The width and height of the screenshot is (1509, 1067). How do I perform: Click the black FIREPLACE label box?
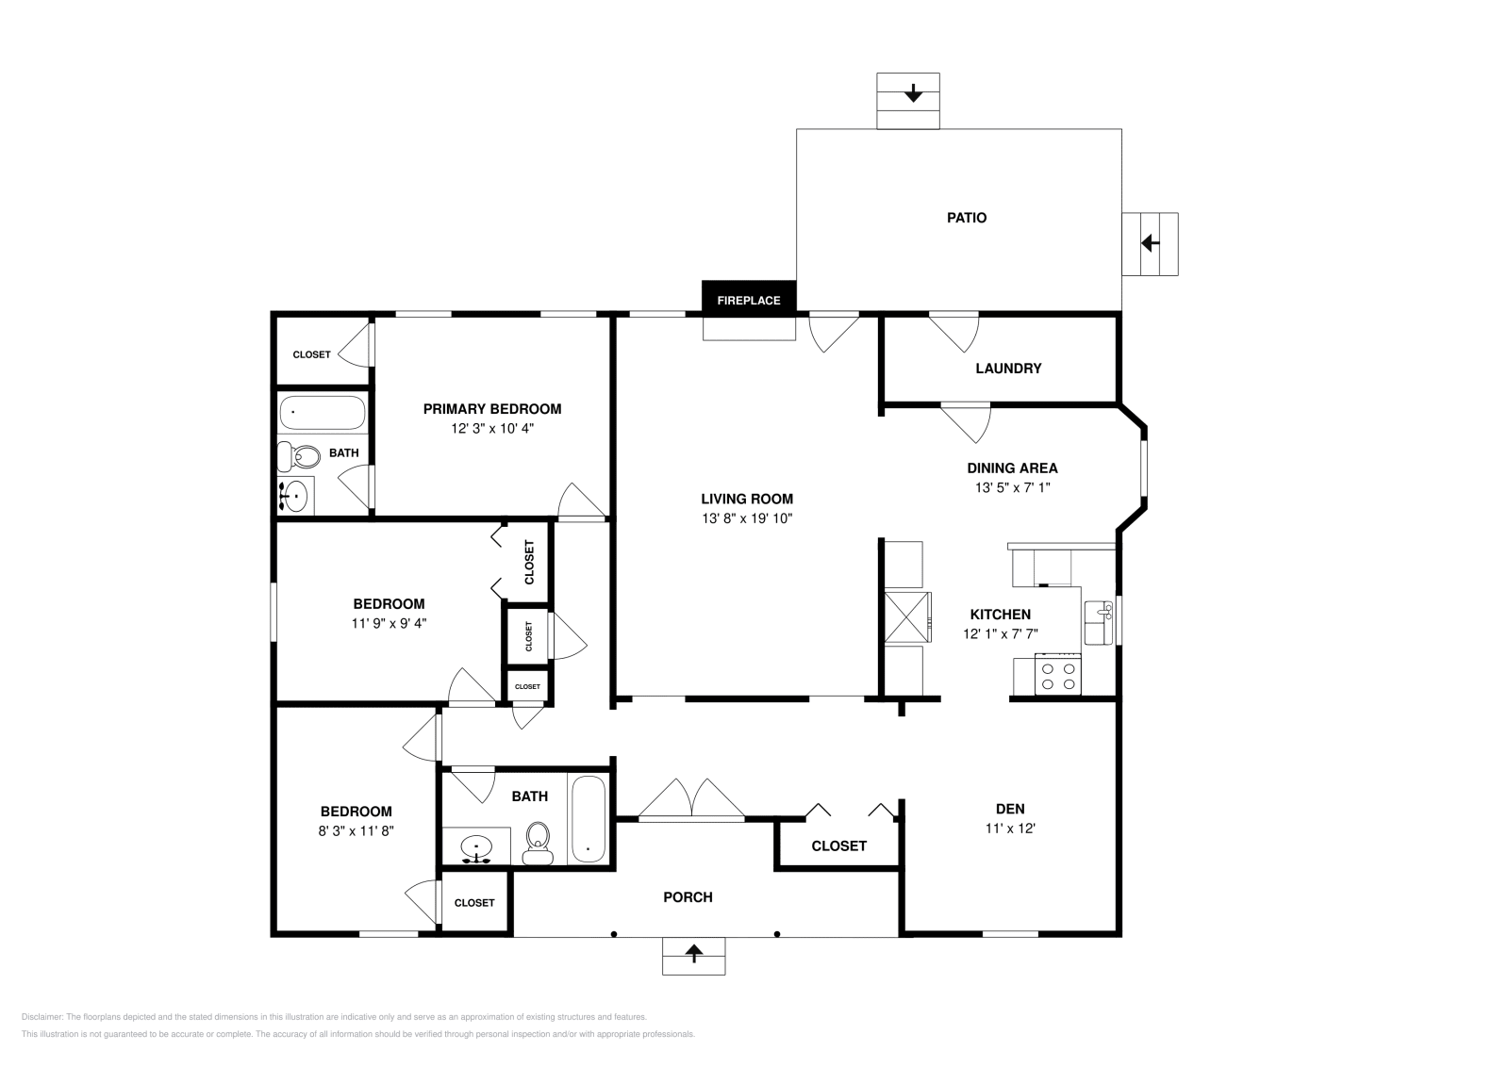tap(749, 297)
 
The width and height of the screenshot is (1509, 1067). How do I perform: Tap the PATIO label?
tap(967, 218)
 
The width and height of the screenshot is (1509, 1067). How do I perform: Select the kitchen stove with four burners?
tap(1057, 675)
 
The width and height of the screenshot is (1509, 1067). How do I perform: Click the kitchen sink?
tap(1098, 623)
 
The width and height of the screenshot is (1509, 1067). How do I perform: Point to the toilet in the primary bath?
tap(299, 456)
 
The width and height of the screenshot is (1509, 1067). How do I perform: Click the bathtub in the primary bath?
tap(323, 413)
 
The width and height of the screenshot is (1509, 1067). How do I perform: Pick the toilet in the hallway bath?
tap(538, 843)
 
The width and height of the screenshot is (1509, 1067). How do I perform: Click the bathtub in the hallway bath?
tap(589, 820)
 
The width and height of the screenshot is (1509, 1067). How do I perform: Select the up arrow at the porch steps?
tap(694, 953)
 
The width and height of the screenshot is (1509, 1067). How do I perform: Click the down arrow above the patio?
tap(913, 93)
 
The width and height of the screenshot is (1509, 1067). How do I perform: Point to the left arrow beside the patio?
tap(1150, 242)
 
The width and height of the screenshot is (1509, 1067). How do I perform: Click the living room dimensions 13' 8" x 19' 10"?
tap(746, 518)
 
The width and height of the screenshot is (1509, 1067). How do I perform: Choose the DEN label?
tap(1010, 809)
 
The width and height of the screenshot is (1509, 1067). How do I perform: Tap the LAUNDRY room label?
tap(1008, 369)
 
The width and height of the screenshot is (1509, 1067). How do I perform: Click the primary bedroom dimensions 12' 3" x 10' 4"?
tap(492, 428)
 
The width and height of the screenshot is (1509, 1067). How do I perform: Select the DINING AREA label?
tap(1013, 468)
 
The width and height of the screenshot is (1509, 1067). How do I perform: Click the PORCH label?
tap(688, 897)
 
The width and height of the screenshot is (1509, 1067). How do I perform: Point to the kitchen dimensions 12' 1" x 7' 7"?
tap(1001, 633)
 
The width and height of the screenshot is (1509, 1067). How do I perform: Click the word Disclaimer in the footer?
tap(41, 1017)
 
